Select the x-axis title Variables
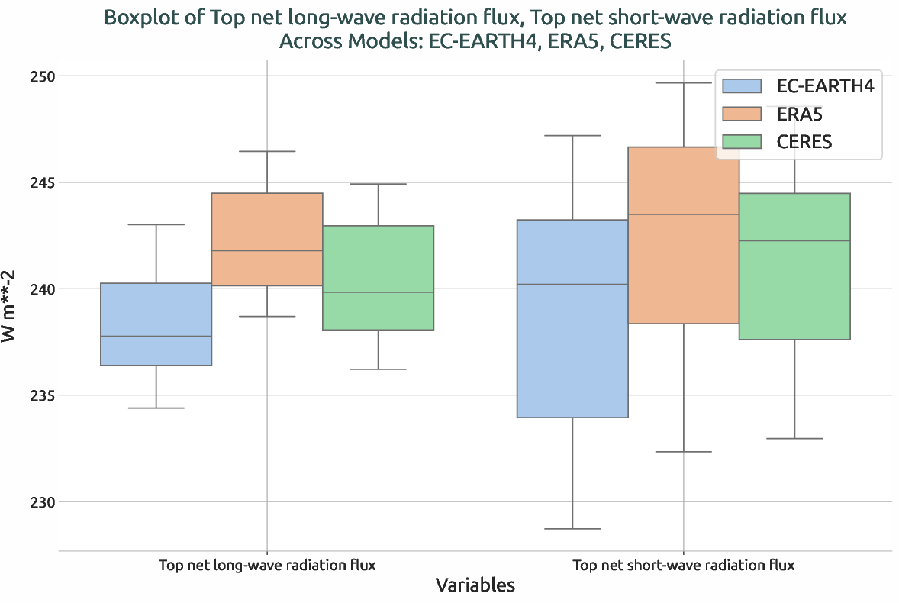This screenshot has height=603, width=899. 475,585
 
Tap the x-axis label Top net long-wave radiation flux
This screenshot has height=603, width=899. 267,566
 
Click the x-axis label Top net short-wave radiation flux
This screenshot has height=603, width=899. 683,566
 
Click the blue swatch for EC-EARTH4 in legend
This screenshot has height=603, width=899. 743,85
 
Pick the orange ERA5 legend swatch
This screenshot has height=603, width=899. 743,114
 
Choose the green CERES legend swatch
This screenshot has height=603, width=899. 743,141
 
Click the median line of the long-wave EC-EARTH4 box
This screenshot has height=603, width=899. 156,337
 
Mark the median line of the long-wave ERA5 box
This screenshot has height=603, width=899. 267,250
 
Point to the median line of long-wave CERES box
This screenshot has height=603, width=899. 379,292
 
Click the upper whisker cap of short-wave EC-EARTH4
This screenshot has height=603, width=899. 572,135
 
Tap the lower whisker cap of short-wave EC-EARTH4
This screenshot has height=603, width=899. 572,529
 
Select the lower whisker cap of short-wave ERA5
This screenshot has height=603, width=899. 683,452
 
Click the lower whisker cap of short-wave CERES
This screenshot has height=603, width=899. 794,439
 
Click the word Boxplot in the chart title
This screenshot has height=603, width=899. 137,17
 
